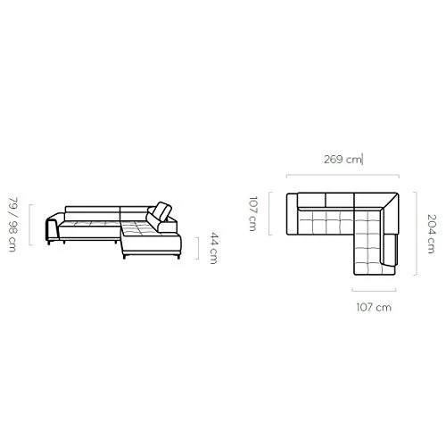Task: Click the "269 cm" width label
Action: (x=343, y=160)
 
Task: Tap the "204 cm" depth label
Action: (x=431, y=234)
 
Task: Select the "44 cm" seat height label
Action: (x=214, y=248)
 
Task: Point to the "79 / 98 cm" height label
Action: (x=12, y=224)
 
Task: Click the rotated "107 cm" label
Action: (x=252, y=213)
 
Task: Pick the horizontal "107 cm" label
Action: (x=374, y=307)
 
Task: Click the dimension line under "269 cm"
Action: (x=343, y=176)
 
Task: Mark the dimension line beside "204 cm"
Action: (x=416, y=234)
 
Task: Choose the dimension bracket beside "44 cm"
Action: (x=198, y=248)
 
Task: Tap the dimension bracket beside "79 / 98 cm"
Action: (x=29, y=225)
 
